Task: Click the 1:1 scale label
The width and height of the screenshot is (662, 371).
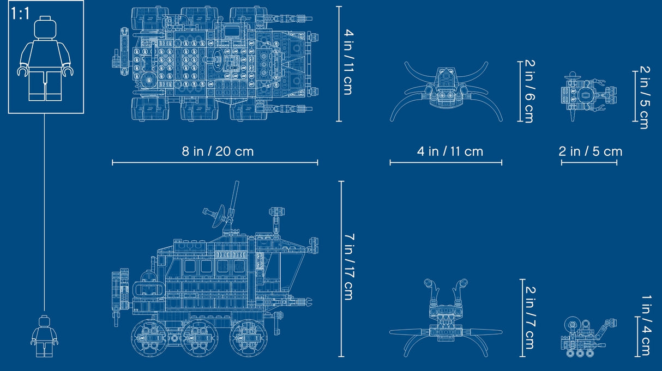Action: coord(20,14)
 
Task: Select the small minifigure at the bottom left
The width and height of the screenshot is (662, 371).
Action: coord(44,336)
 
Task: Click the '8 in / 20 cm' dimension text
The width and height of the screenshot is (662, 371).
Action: coord(218,151)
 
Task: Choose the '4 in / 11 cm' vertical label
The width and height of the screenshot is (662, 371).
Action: coord(346,63)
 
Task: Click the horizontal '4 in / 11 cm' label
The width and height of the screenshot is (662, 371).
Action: coord(450,151)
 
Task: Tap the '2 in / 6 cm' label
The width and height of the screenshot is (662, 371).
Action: coord(527,92)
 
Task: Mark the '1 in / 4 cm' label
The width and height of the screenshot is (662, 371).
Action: coord(645,325)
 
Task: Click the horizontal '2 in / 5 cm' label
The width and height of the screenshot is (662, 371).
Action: coord(590,151)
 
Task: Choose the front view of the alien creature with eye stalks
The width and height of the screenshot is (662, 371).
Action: coord(446,316)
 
